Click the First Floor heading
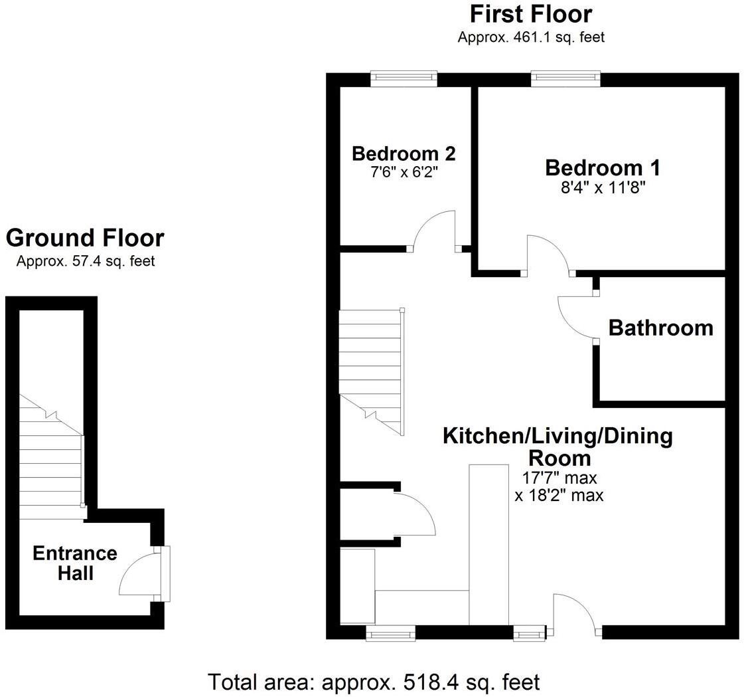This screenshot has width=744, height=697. [531, 14]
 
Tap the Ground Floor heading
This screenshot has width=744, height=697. [85, 238]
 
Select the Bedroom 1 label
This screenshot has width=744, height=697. [602, 167]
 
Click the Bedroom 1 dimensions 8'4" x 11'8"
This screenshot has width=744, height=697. [602, 188]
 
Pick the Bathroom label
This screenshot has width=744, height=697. [660, 328]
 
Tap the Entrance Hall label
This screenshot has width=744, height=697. [75, 563]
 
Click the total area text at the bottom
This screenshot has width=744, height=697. [374, 682]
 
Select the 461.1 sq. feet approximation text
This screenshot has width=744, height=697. [531, 37]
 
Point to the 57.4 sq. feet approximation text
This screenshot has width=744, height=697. [85, 261]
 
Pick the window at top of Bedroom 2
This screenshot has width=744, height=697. [404, 79]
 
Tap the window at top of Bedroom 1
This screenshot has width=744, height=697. [566, 79]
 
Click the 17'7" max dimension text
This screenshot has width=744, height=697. [559, 478]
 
